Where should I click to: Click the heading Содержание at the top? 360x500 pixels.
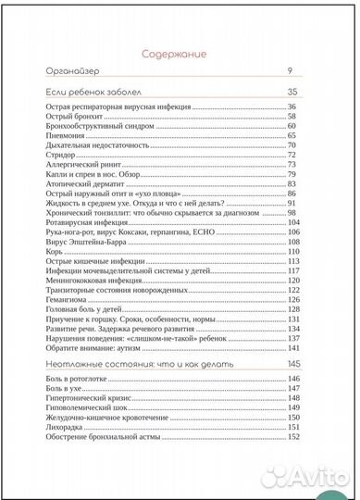click(x=180, y=54)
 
